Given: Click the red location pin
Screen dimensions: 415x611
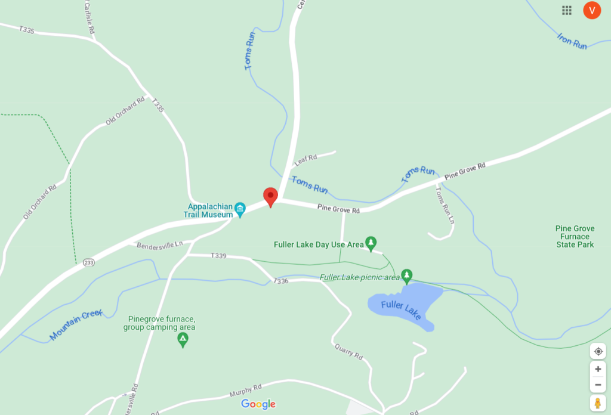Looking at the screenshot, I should tap(271, 196).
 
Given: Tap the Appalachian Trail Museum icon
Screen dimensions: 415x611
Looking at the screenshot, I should tap(240, 208).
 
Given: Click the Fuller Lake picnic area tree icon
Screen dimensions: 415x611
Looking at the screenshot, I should tap(407, 275).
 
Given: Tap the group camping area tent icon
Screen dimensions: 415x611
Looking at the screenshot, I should tap(183, 340).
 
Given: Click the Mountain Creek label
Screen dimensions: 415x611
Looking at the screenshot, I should tap(76, 324).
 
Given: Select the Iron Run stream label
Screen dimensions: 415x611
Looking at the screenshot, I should tap(572, 41).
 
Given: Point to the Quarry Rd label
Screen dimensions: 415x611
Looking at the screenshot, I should tap(349, 352).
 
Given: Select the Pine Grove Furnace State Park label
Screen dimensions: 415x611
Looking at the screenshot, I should tap(575, 237).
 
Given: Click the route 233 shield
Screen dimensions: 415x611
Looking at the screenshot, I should tap(89, 262).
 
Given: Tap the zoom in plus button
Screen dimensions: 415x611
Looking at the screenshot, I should tap(598, 369).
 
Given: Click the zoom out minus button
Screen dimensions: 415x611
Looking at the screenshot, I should tap(598, 385).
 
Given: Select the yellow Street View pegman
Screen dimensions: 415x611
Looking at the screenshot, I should tap(598, 402).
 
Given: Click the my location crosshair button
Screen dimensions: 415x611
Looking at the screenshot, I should tap(598, 351).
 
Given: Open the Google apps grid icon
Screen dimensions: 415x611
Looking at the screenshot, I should tap(567, 10).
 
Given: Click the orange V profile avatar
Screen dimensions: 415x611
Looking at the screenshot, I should tap(592, 10).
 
